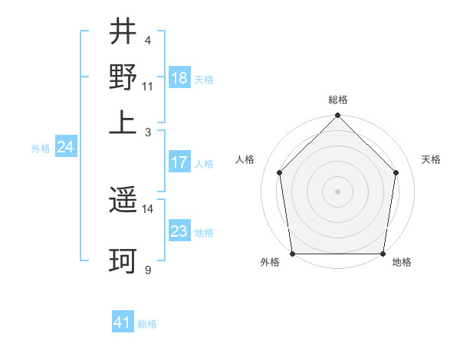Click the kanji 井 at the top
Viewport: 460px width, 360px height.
click(123, 31)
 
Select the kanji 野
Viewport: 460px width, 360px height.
click(123, 77)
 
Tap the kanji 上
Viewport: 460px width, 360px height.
click(123, 123)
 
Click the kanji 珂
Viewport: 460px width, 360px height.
click(123, 260)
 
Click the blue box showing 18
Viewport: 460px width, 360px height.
click(179, 78)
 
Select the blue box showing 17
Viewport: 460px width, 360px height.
click(179, 162)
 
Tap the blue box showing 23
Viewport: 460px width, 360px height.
click(179, 231)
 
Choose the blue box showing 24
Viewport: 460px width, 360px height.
click(65, 147)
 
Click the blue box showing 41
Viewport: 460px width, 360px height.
click(122, 322)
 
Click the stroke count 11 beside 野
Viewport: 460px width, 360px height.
click(148, 86)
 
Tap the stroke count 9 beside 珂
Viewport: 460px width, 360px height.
click(148, 270)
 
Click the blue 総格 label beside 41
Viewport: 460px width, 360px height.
click(147, 324)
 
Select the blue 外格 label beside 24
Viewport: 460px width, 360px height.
click(41, 149)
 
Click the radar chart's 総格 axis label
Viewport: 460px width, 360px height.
click(338, 100)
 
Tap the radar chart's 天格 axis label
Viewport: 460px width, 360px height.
click(432, 159)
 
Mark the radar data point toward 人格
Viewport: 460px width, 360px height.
click(280, 172)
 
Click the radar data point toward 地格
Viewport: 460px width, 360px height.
click(383, 254)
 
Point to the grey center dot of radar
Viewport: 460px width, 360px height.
click(338, 191)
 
